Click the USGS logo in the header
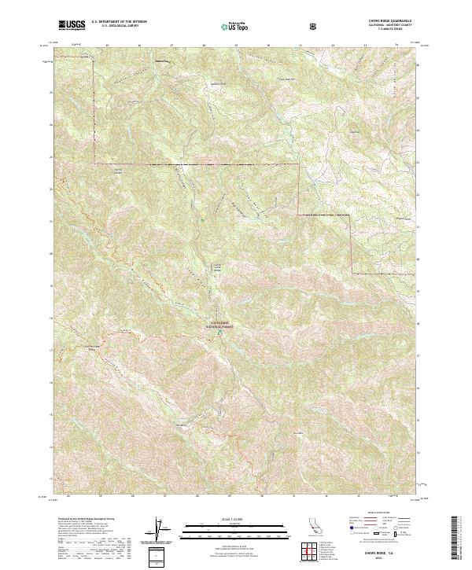[72, 26]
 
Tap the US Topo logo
[234, 26]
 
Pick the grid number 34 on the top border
[396, 46]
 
